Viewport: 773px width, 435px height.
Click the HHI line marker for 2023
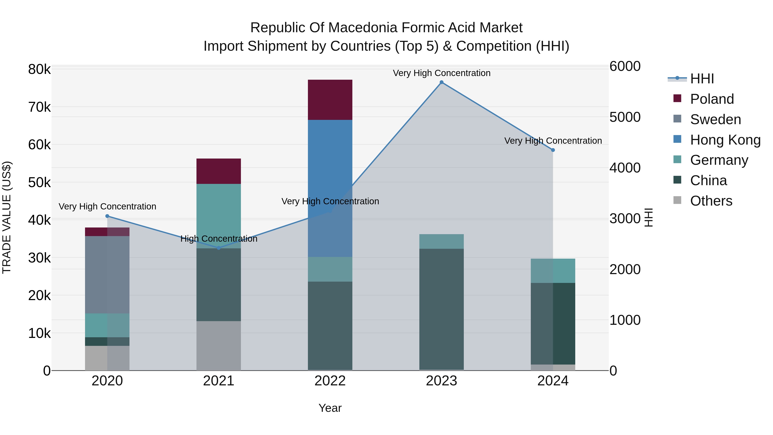(x=441, y=82)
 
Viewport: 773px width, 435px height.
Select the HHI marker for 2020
(x=107, y=216)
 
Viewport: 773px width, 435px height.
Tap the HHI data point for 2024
(x=553, y=150)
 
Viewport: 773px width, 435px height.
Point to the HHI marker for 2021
(x=219, y=248)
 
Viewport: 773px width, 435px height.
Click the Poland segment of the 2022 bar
(x=330, y=100)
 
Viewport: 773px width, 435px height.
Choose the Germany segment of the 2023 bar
(x=441, y=241)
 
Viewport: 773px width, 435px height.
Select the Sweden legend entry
(x=715, y=119)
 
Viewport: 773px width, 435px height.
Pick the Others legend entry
(x=711, y=201)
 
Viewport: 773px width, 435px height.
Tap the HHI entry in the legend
(x=702, y=79)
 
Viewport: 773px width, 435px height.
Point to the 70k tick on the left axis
(x=39, y=107)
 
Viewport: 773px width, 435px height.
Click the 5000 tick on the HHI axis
(x=625, y=117)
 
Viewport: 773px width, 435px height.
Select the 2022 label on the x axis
(x=330, y=381)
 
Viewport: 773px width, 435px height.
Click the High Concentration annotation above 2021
(x=219, y=239)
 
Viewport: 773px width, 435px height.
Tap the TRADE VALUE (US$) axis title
(x=7, y=217)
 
